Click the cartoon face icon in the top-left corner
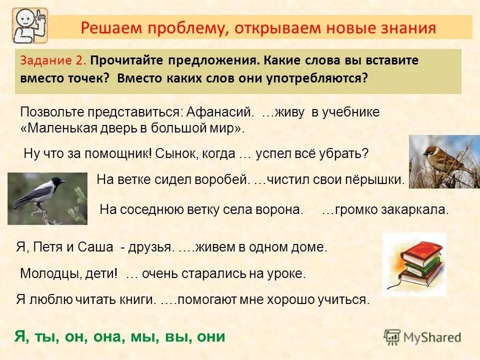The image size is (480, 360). tap(29, 25)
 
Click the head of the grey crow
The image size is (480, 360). tap(58, 182)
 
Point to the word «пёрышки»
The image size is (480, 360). tap(379, 179)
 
